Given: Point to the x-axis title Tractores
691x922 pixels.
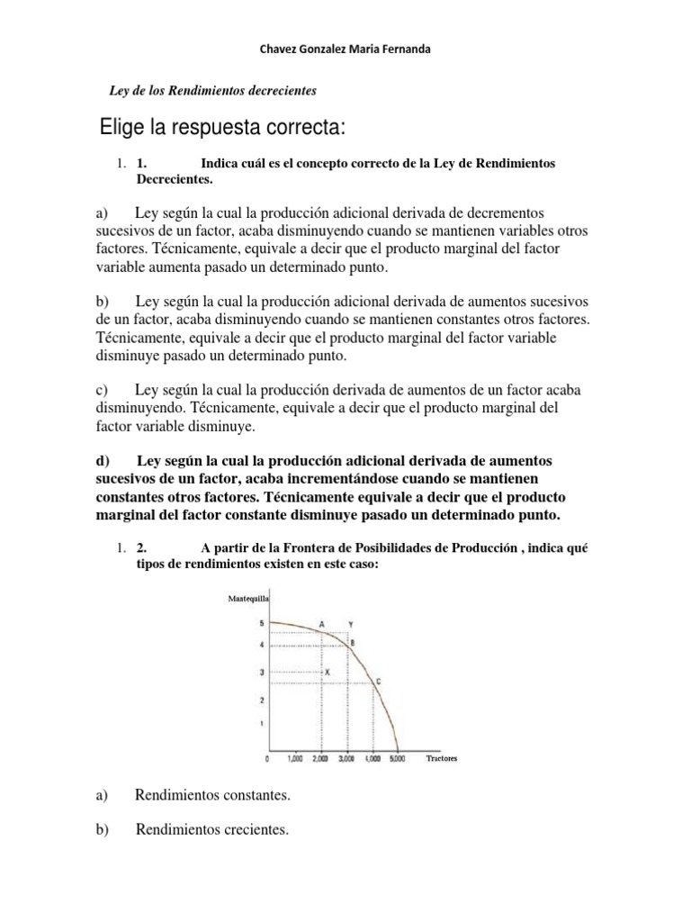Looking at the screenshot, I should [442, 758].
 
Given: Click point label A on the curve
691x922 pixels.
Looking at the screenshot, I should [322, 623].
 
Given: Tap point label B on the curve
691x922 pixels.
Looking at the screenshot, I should [353, 642].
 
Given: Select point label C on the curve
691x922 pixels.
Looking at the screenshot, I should [378, 682].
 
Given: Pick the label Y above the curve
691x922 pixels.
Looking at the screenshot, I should [350, 623].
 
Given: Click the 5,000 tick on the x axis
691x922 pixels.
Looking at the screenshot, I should [398, 759].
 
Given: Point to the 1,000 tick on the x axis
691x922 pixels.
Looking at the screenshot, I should [295, 759].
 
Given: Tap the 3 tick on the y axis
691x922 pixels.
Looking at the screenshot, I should [262, 673].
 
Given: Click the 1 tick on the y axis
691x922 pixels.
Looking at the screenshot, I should [262, 723].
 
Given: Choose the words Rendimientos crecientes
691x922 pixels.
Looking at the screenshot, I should [212, 830].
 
